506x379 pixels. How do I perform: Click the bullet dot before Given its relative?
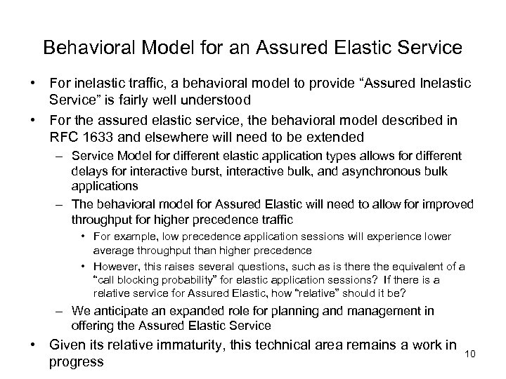(x=34, y=344)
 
